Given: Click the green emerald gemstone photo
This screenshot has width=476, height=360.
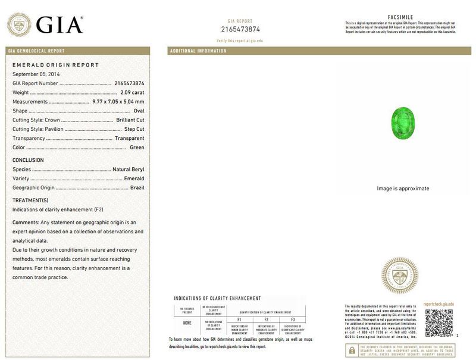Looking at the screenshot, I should point(403,123).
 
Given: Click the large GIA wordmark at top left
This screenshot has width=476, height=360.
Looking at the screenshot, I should point(59,24).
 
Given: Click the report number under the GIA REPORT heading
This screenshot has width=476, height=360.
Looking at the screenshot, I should point(240,29).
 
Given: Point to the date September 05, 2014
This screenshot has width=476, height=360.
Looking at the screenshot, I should point(36,74).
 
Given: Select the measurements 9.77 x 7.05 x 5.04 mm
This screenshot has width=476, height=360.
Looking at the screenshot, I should point(118,102).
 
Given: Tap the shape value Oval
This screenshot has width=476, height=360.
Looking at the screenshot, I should point(139,111).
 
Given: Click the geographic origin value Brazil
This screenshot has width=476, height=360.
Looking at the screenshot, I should point(137,188).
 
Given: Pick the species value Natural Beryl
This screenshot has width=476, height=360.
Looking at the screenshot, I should point(129,170).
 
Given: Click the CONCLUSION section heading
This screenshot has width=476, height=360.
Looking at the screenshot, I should point(28,160).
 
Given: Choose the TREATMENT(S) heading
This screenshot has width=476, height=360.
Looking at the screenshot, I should point(30,200).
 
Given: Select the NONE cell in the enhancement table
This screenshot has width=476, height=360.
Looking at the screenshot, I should point(187,323).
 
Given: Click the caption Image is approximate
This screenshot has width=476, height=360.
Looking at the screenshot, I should point(403,189).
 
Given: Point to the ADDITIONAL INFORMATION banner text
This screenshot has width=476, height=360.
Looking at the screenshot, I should point(198,51).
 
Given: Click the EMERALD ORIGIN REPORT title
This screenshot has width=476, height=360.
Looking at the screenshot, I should point(55,65).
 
